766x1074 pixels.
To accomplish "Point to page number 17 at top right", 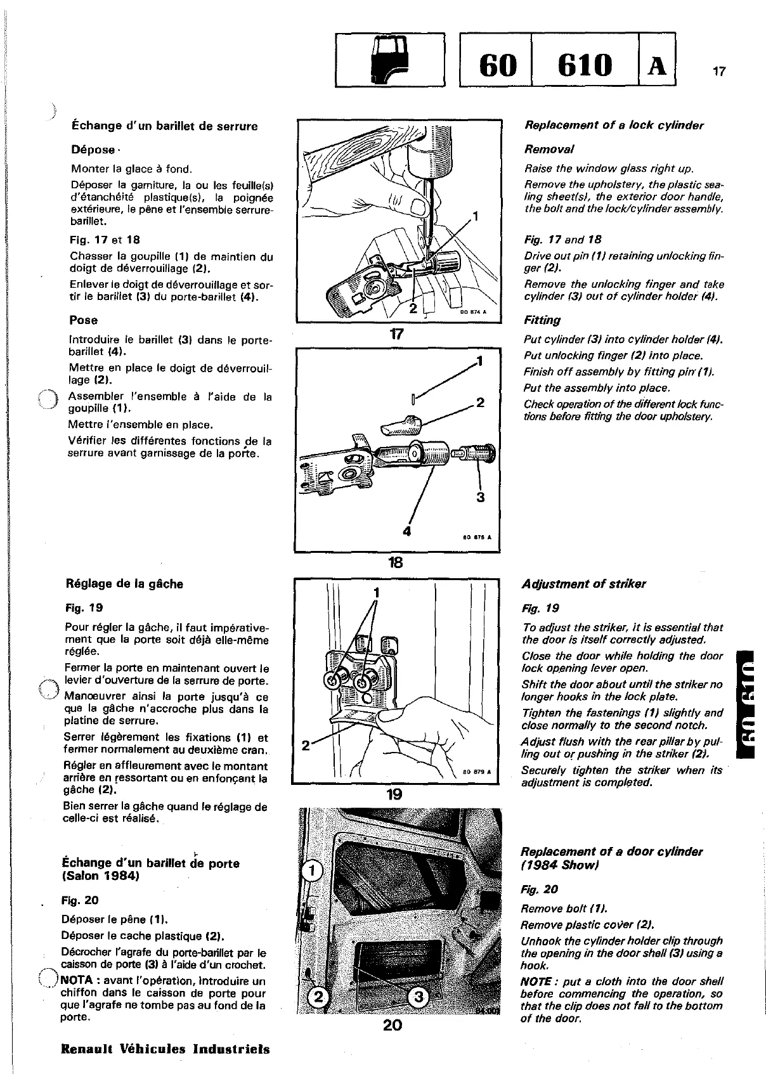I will (718, 72).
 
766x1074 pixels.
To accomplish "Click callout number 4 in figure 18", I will (407, 531).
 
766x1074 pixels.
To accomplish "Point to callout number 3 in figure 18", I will (481, 497).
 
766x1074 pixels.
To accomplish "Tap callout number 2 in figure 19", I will (305, 746).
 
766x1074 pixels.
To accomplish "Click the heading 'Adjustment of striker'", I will (583, 584).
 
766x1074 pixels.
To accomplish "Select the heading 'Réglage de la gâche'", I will (124, 584).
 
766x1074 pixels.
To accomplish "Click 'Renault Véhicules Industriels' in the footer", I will (165, 1049).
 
